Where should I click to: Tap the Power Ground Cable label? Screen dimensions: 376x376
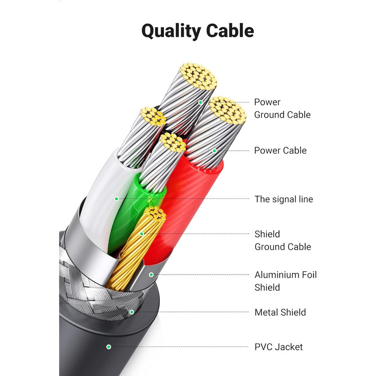(282, 109)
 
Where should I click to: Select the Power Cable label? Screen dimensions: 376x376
(280, 150)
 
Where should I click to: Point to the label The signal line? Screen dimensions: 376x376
(283, 199)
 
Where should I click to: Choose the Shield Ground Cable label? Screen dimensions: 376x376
(282, 240)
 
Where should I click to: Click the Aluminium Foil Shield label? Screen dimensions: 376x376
(285, 281)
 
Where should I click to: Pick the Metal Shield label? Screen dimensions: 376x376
(280, 312)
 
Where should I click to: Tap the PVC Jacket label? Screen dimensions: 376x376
(279, 347)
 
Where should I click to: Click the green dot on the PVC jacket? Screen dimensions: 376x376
(109, 347)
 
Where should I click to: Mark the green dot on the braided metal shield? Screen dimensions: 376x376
(132, 312)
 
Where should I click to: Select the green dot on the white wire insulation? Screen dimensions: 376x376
(116, 199)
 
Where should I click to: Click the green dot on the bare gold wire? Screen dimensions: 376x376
(141, 233)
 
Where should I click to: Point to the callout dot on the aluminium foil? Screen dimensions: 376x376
(151, 274)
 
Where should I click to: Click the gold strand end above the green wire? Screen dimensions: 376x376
(173, 142)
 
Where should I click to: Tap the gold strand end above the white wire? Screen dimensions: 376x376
(153, 117)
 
